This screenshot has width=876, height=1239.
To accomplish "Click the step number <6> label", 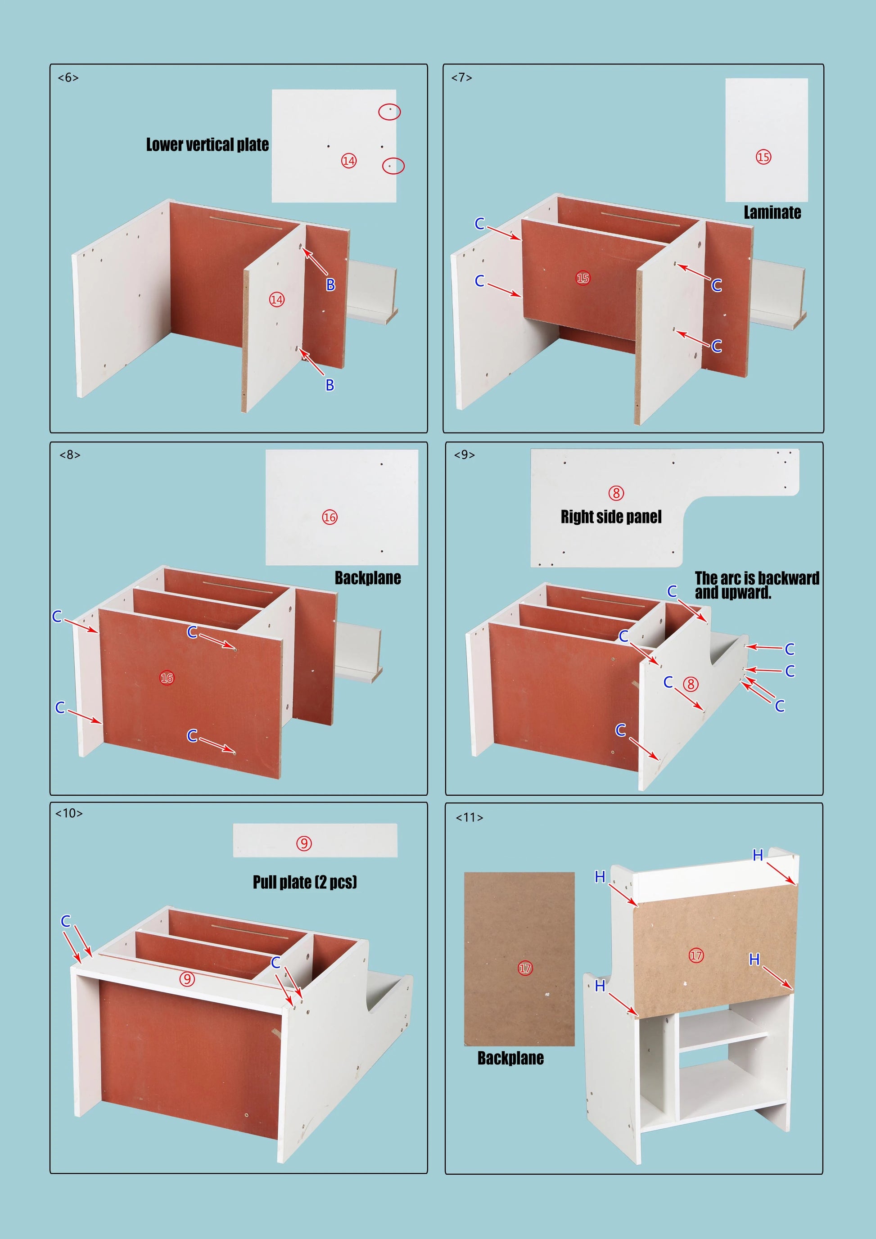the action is pyautogui.click(x=68, y=78).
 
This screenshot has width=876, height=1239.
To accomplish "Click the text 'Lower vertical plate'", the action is pyautogui.click(x=207, y=144).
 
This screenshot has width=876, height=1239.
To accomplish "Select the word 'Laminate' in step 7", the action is pyautogui.click(x=772, y=212).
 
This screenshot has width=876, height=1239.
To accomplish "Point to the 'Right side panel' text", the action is pyautogui.click(x=611, y=517).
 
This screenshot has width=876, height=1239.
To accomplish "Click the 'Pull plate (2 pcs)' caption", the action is pyautogui.click(x=305, y=882).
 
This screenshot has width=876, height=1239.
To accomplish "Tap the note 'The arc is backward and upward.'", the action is pyautogui.click(x=757, y=586).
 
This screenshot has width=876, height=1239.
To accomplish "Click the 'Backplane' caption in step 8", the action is pyautogui.click(x=368, y=578).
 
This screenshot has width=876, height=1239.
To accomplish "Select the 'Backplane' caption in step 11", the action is pyautogui.click(x=510, y=1058).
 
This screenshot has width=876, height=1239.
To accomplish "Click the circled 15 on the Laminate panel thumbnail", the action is pyautogui.click(x=763, y=157).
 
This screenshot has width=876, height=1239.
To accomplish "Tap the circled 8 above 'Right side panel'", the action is pyautogui.click(x=616, y=493).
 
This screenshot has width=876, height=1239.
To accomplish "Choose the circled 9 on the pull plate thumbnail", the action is pyautogui.click(x=304, y=843).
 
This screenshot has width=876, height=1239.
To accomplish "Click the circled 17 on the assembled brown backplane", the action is pyautogui.click(x=696, y=956).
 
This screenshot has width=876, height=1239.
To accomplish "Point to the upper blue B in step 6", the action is pyautogui.click(x=330, y=284).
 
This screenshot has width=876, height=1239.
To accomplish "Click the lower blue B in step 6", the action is pyautogui.click(x=330, y=385).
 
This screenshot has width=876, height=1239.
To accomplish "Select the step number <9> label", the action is pyautogui.click(x=464, y=455).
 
